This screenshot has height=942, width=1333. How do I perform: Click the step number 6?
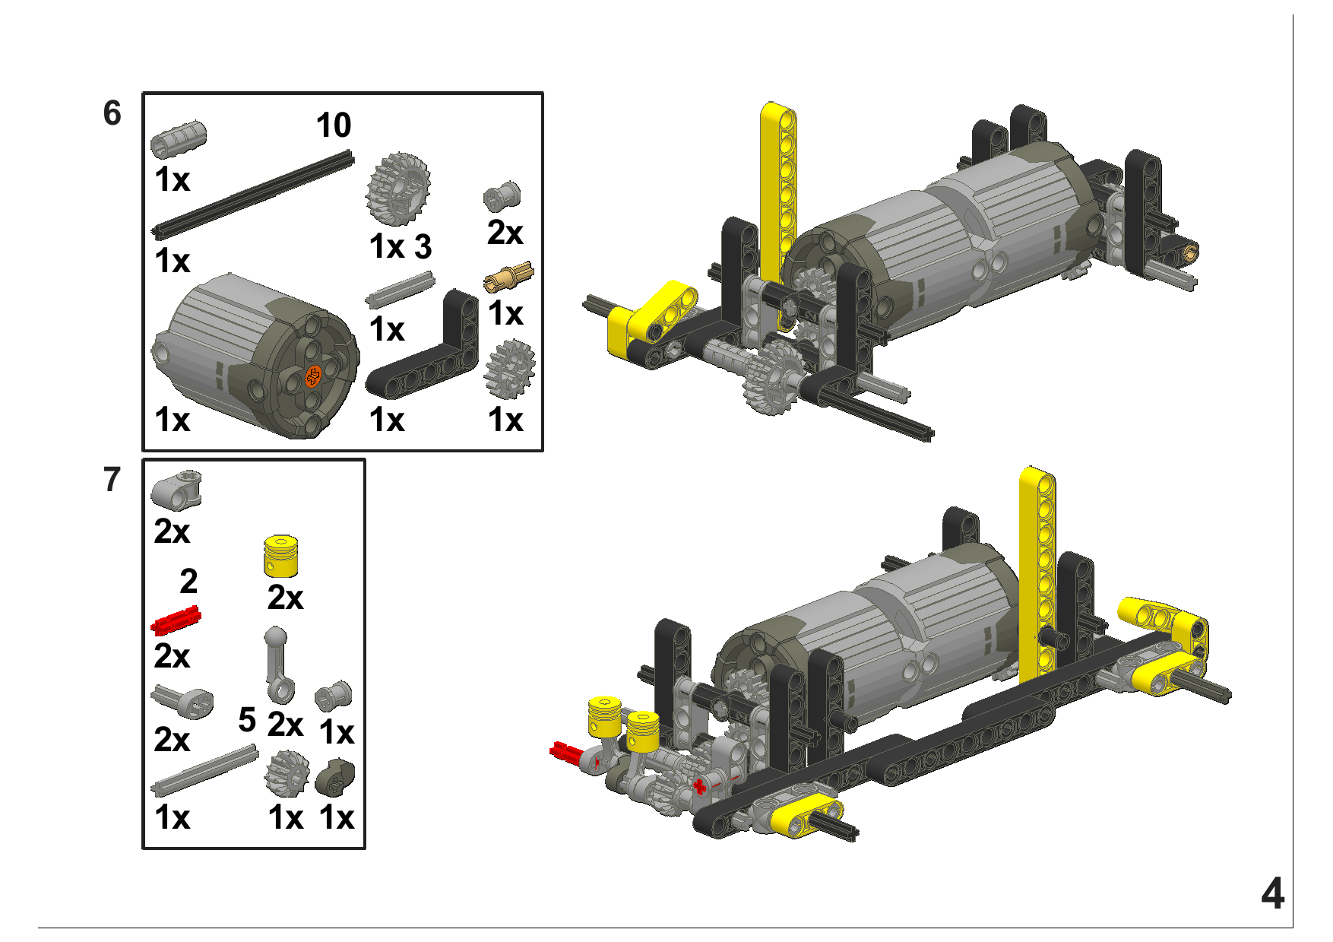pos(112,113)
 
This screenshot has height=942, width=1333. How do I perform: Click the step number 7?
pos(112,480)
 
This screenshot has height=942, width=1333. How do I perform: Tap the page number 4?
pos(1272,893)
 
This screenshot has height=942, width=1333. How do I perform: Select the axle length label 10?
pos(334,125)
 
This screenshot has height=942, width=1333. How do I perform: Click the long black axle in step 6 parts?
pos(253,195)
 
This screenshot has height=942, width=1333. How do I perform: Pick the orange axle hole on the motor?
pos(313,375)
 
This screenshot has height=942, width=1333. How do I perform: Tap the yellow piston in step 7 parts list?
pos(280,556)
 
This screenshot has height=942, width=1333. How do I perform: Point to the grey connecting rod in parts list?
pos(278,664)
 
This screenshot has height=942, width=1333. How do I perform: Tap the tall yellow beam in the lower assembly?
pos(1037,574)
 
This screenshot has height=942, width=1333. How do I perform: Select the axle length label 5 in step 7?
pos(247,719)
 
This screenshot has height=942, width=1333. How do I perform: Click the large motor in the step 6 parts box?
pos(255,356)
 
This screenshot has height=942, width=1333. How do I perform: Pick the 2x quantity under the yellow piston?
pos(285,598)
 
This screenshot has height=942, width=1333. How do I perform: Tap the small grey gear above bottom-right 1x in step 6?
pos(509,369)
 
